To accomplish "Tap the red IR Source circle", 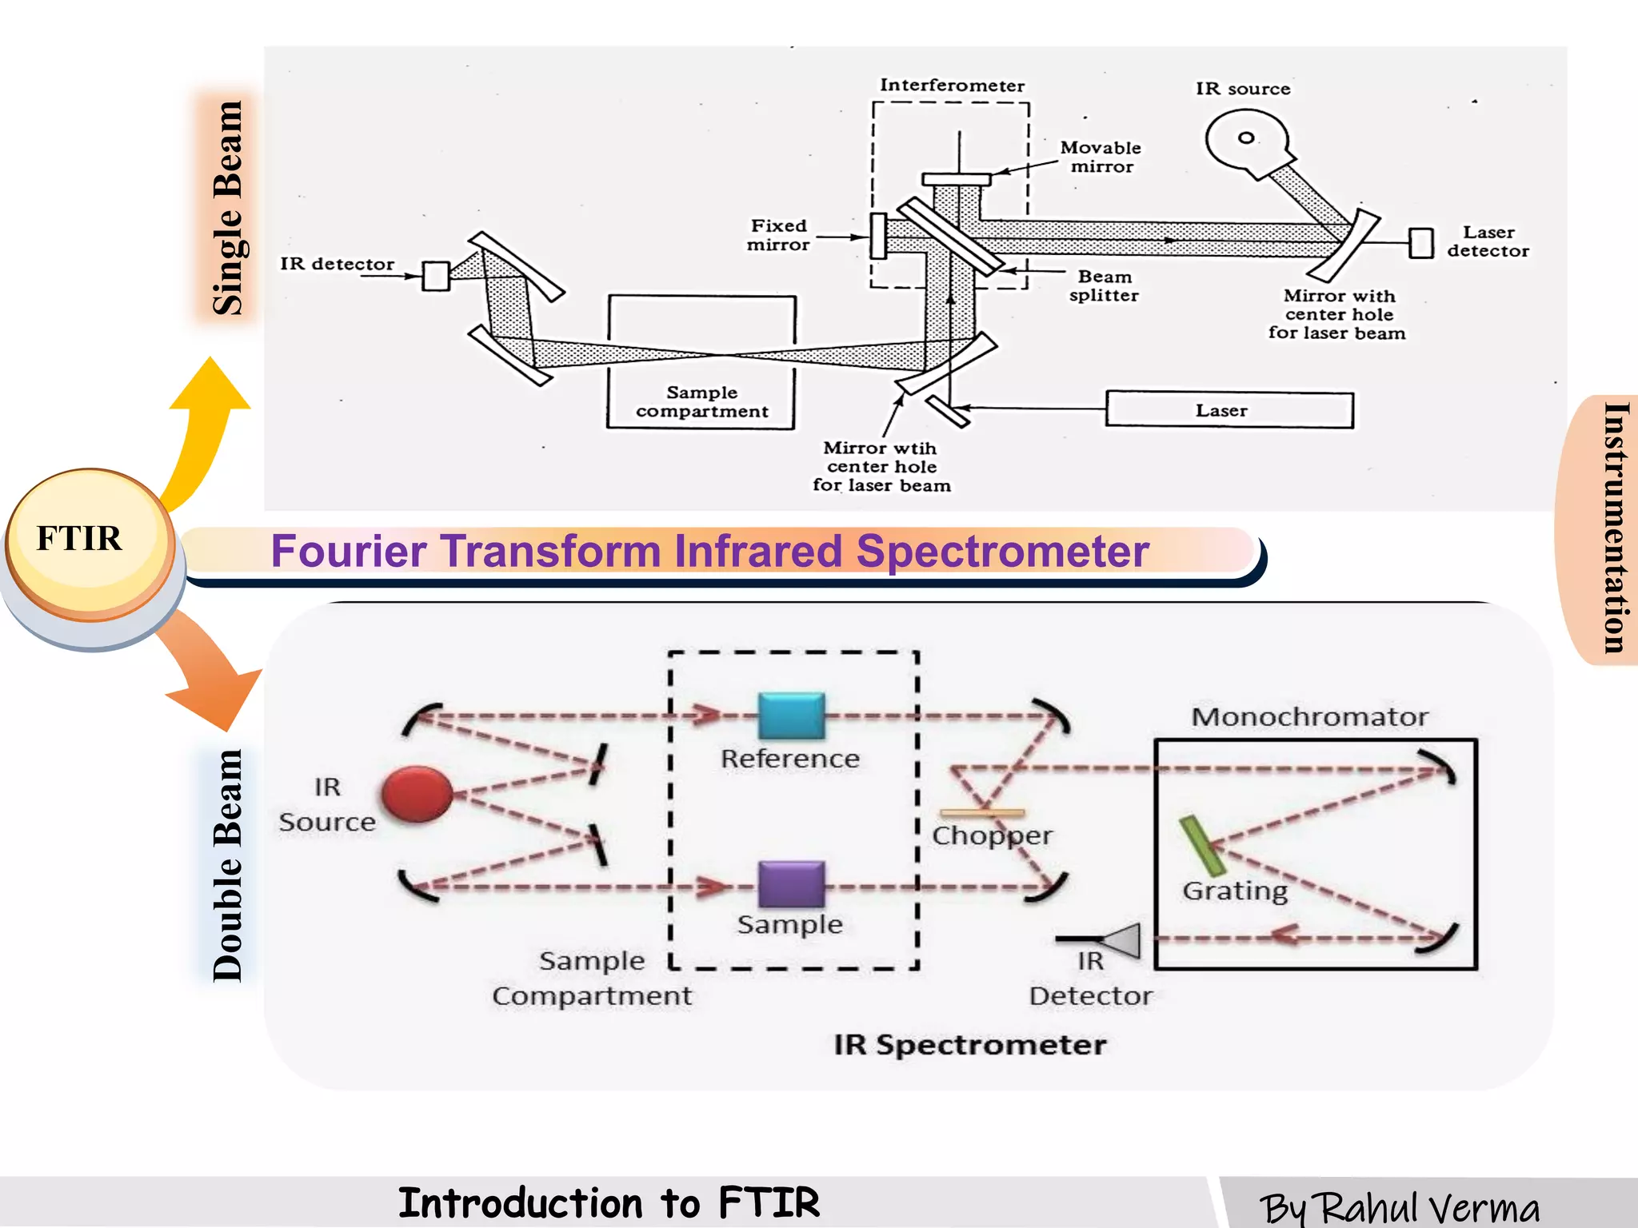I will point(417,794).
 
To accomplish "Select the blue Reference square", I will point(791,715).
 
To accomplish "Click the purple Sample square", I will point(791,883).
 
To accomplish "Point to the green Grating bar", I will point(1202,846).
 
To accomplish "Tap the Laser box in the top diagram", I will point(1228,410).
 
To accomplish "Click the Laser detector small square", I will point(1420,242).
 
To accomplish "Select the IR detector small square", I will point(436,276).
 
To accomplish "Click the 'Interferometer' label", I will point(952,86).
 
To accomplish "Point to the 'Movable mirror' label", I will point(1101,157).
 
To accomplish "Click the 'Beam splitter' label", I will point(1104,285).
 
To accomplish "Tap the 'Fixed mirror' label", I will point(778,235).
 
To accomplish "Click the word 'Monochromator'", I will point(1309,717).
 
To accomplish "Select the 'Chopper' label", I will point(992,835).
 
